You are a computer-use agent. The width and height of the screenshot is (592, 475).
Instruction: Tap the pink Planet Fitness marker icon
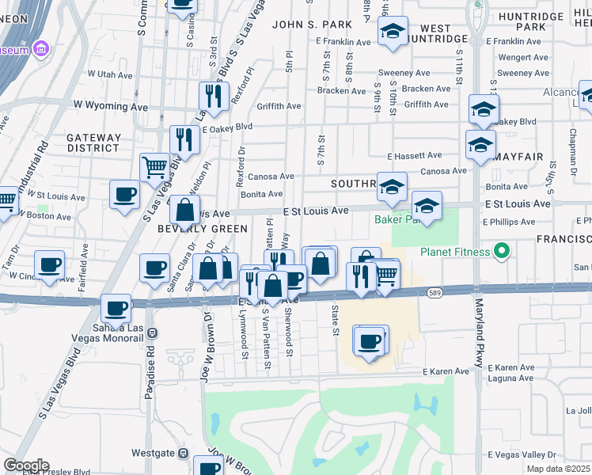tap(500, 253)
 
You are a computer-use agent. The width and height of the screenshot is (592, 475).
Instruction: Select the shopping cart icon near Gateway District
tap(155, 167)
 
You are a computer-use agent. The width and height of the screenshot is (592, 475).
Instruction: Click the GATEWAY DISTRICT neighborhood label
tap(94, 142)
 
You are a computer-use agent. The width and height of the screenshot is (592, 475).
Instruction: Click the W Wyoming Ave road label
tap(111, 104)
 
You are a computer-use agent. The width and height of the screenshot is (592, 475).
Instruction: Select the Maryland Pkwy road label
tap(478, 332)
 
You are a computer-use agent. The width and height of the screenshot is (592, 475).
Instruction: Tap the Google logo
tap(25, 465)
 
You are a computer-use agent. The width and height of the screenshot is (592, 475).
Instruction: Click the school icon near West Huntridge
tap(392, 32)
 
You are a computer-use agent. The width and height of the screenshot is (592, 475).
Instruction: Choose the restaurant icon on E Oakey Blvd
tap(184, 140)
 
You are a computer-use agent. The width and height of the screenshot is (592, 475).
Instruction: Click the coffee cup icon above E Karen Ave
tap(369, 340)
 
